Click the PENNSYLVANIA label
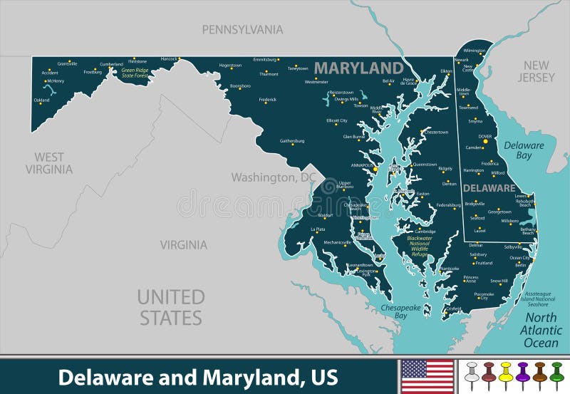pyautogui.click(x=242, y=29)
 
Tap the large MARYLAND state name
pyautogui.click(x=358, y=68)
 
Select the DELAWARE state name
pyautogui.click(x=489, y=188)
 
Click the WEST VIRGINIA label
pyautogui.click(x=49, y=163)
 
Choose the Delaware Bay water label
pyautogui.click(x=524, y=150)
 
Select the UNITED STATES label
pyautogui.click(x=171, y=307)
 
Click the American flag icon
pyautogui.click(x=427, y=376)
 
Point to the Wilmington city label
pyautogui.click(x=474, y=51)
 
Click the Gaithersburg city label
pyautogui.click(x=292, y=141)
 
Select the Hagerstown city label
pyautogui.click(x=230, y=65)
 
